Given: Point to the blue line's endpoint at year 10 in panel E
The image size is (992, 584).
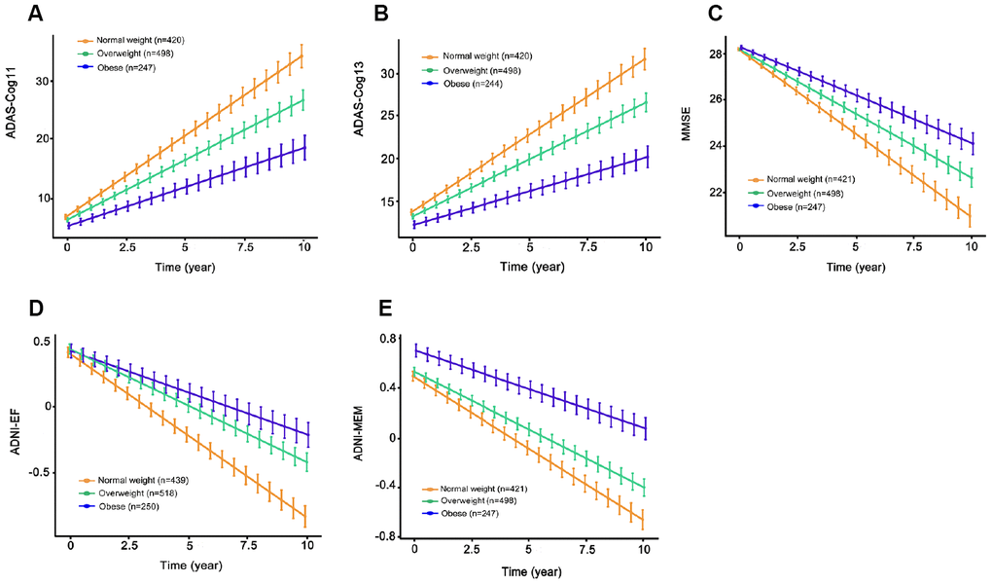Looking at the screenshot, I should click(x=643, y=426).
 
